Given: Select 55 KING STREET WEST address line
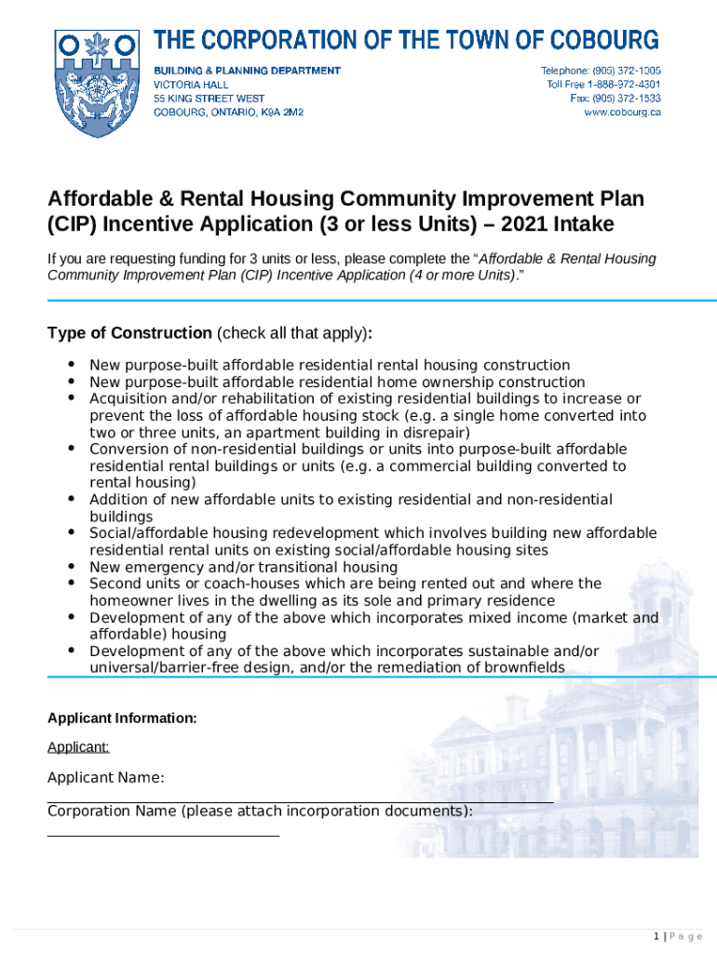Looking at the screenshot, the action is coord(209,98).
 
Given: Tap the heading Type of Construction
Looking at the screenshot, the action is coord(129,333).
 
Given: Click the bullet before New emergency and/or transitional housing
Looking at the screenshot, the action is coord(72,566).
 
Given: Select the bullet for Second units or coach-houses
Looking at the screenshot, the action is coord(72,583).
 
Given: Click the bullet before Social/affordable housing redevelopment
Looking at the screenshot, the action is coord(72,532).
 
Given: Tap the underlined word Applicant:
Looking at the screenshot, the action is coord(78,746).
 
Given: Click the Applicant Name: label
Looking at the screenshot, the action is coord(106,778).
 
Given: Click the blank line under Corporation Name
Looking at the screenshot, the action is coord(163,835).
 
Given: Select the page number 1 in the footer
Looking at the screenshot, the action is coord(656,936).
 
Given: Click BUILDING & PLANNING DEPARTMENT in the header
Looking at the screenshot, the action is coord(247,71).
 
